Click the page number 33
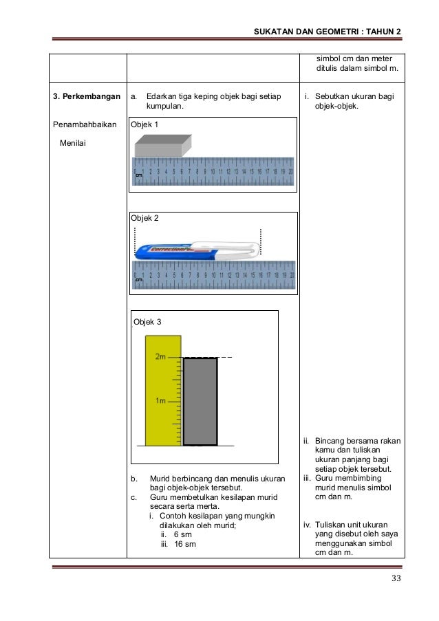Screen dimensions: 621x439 click(x=396, y=578)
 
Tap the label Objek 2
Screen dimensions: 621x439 click(x=145, y=218)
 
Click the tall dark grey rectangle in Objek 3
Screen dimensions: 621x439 click(x=200, y=401)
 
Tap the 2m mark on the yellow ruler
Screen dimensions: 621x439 click(x=161, y=357)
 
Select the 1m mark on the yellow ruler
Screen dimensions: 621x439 click(x=162, y=400)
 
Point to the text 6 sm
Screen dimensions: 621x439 click(x=182, y=534)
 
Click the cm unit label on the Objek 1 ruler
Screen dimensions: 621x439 click(x=138, y=177)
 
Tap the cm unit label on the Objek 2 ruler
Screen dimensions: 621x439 click(x=138, y=280)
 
